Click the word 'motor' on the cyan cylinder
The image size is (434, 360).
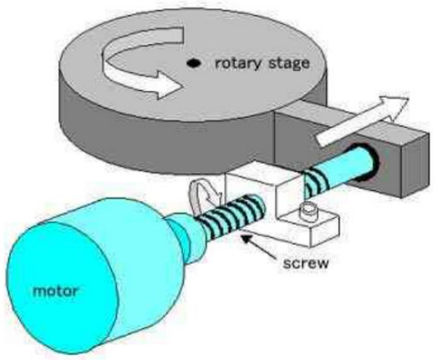tap(56, 291)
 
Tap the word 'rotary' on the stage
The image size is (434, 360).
tap(238, 64)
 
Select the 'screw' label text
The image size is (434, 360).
tap(306, 263)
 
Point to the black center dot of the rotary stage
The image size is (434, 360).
tap(193, 63)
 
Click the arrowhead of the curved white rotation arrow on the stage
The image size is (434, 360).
tap(168, 85)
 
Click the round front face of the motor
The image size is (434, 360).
tap(62, 287)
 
